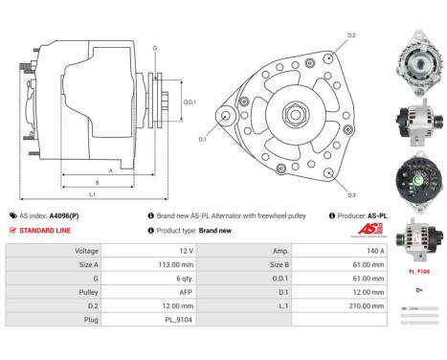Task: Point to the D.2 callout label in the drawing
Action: pyautogui.click(x=351, y=35)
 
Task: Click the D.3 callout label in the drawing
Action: pyautogui.click(x=351, y=195)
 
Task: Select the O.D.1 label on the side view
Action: pyautogui.click(x=190, y=102)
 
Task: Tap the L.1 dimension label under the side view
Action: pyautogui.click(x=92, y=195)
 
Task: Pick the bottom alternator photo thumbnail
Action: pyautogui.click(x=418, y=243)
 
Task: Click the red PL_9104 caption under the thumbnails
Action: pyautogui.click(x=418, y=272)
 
